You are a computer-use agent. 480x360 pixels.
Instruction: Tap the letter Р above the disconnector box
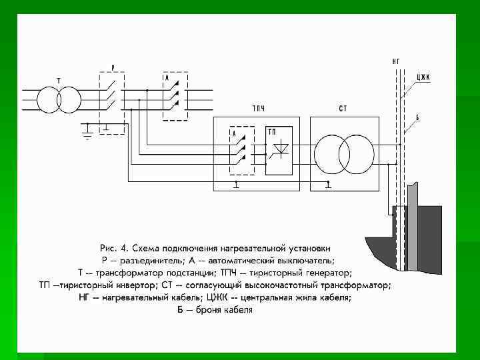tap(113, 67)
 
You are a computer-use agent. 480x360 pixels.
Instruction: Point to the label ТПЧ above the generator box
tap(259, 108)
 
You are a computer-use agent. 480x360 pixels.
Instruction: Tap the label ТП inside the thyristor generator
tap(273, 132)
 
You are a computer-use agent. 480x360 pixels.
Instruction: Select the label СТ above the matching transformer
tap(343, 108)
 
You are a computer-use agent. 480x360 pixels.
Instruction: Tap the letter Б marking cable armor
tap(417, 117)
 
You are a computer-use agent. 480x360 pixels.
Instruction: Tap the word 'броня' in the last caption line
tap(205, 310)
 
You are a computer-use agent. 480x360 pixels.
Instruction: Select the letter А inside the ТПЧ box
tap(234, 133)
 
